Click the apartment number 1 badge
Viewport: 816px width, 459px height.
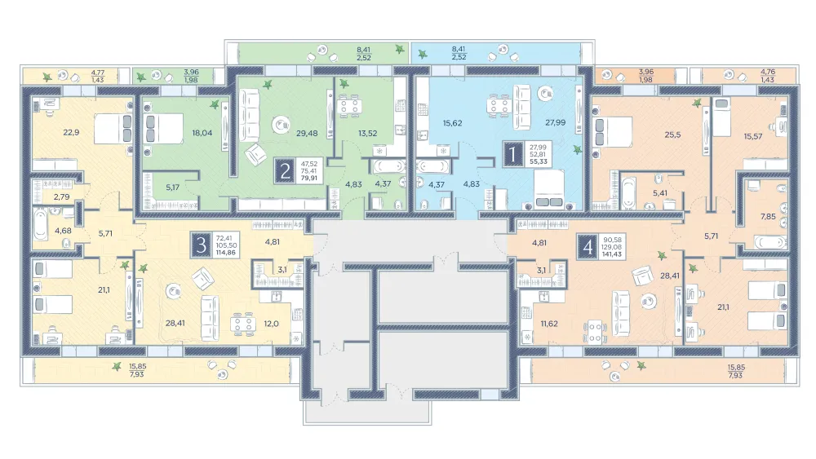click(513, 154)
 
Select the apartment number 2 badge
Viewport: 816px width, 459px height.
click(285, 171)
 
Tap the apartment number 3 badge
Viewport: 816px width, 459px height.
click(202, 245)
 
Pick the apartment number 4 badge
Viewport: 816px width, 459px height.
click(588, 247)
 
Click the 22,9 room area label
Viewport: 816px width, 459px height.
click(71, 133)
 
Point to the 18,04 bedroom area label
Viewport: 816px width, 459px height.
click(202, 133)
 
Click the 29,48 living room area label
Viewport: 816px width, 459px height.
click(307, 133)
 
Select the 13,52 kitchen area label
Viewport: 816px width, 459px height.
click(367, 133)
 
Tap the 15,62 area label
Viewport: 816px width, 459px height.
click(452, 123)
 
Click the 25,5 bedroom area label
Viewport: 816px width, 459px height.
click(672, 135)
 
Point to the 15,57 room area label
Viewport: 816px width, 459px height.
click(752, 137)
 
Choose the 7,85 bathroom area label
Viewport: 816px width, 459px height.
click(768, 217)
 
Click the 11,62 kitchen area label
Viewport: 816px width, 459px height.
click(549, 324)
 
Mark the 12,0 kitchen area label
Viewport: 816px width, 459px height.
click(271, 324)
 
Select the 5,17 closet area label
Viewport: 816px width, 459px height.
click(172, 188)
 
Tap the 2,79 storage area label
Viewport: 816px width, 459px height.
click(61, 197)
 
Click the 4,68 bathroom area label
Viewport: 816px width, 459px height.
click(63, 231)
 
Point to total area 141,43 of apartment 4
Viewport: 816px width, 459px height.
click(611, 254)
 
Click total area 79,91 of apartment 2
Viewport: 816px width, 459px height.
click(309, 178)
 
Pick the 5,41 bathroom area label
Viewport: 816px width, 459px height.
click(659, 193)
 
